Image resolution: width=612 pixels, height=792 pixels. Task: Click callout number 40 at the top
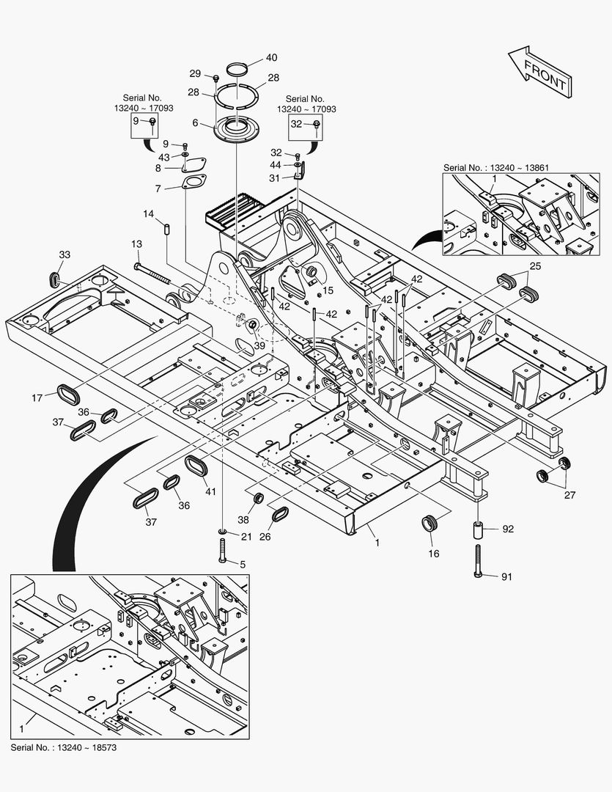pyautogui.click(x=251, y=57)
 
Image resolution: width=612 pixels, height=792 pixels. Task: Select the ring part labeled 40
pyautogui.click(x=236, y=70)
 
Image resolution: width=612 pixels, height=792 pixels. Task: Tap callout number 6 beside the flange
pyautogui.click(x=196, y=123)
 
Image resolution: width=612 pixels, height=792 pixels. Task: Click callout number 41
pyautogui.click(x=211, y=491)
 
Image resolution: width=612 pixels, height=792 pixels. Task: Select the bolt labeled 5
pyautogui.click(x=222, y=550)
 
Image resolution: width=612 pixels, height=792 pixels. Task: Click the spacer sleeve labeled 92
pyautogui.click(x=478, y=528)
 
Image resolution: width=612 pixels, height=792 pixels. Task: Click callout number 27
pyautogui.click(x=569, y=494)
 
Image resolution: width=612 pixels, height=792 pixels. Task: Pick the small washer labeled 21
pyautogui.click(x=223, y=531)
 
